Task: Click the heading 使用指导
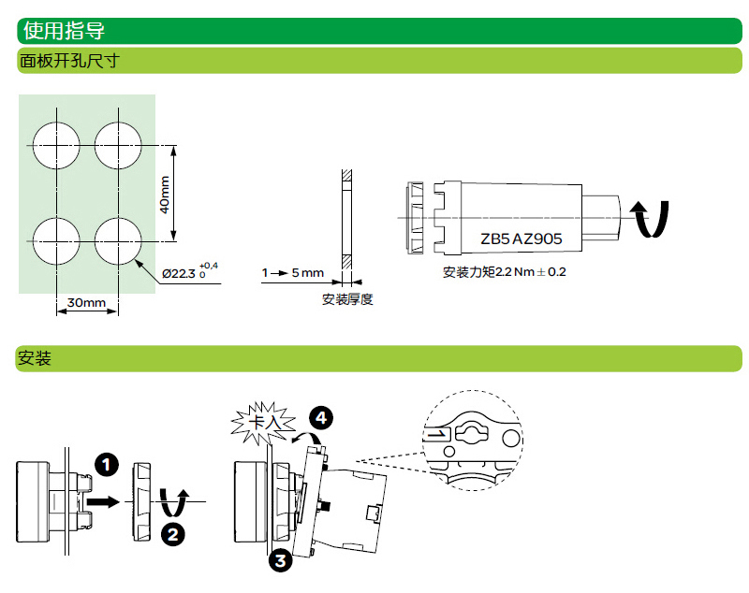(64, 31)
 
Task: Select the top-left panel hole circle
(56, 145)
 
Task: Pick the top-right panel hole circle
(118, 145)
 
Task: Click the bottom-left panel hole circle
(56, 239)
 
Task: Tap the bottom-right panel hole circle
(118, 239)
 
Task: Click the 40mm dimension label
(165, 195)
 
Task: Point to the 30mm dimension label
(87, 302)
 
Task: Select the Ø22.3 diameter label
(188, 272)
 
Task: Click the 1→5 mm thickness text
(292, 273)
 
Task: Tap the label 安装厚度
(347, 299)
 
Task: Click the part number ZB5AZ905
(521, 239)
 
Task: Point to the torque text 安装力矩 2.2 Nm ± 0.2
(505, 273)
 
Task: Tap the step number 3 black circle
(280, 560)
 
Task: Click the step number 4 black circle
(321, 416)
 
